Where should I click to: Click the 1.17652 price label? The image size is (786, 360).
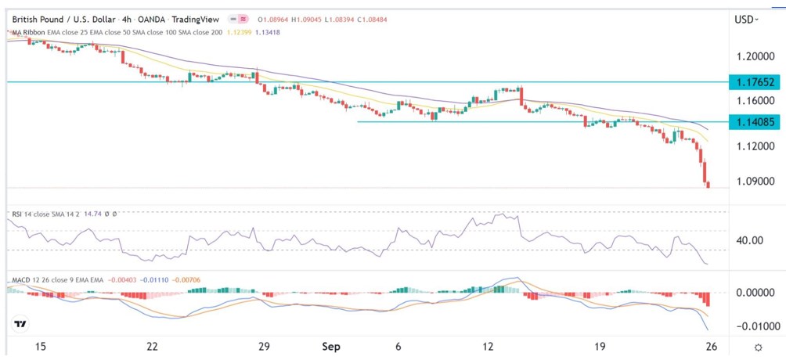pos(754,82)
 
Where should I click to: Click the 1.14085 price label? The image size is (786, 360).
pos(754,122)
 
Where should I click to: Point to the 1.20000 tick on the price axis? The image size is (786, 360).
pos(754,57)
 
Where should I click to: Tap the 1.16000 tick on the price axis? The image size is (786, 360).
pos(754,102)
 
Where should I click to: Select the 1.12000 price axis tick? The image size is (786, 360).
pos(754,146)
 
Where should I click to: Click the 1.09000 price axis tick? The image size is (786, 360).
pos(754,181)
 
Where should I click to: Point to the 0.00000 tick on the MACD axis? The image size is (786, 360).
pos(754,293)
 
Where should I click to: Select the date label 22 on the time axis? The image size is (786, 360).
pos(153,347)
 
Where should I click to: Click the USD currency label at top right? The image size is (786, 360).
pos(747,20)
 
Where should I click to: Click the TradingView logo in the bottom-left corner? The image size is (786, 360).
pos(21,324)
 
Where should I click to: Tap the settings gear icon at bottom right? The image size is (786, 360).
pos(758,347)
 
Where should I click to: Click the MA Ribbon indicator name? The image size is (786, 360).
pos(26,31)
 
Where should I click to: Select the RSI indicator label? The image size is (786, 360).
pos(16,212)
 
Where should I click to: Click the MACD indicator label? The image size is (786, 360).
pos(20,278)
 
